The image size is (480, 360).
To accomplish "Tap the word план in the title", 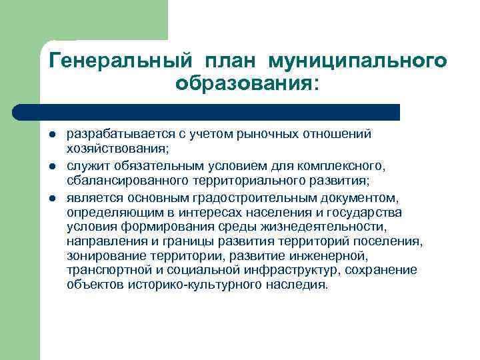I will tap(228, 61).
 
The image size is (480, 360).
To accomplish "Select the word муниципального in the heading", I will tap(357, 61).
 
